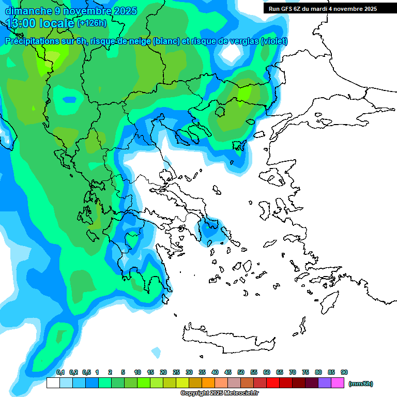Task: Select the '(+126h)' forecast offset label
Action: pyautogui.click(x=91, y=23)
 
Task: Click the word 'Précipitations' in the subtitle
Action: pyautogui.click(x=32, y=41)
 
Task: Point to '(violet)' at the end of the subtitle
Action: pyautogui.click(x=274, y=41)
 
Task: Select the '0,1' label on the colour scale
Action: pyautogui.click(x=60, y=372)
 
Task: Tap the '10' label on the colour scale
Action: pyautogui.click(x=138, y=372)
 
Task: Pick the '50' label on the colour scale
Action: pyautogui.click(x=241, y=372)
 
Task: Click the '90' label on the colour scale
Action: pyautogui.click(x=344, y=372)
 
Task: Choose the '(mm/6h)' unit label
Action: pyautogui.click(x=360, y=384)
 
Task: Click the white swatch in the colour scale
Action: pyautogui.click(x=53, y=383)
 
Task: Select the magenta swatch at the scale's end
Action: pyautogui.click(x=338, y=383)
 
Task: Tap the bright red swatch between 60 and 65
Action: pyautogui.click(x=273, y=383)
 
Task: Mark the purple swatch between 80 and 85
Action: pyautogui.click(x=325, y=383)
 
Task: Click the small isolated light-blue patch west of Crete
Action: pyautogui.click(x=156, y=353)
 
